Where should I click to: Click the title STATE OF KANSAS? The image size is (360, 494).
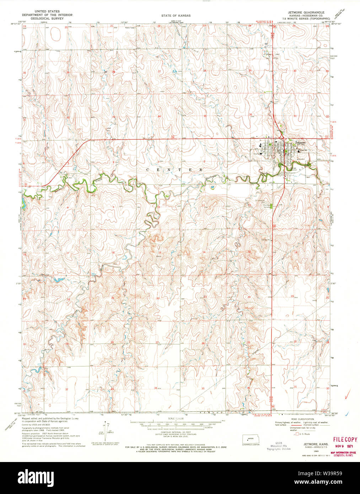tap(176, 16)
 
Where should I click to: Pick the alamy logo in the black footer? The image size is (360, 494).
tap(39, 477)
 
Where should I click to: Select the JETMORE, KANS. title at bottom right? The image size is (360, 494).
tap(313, 444)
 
